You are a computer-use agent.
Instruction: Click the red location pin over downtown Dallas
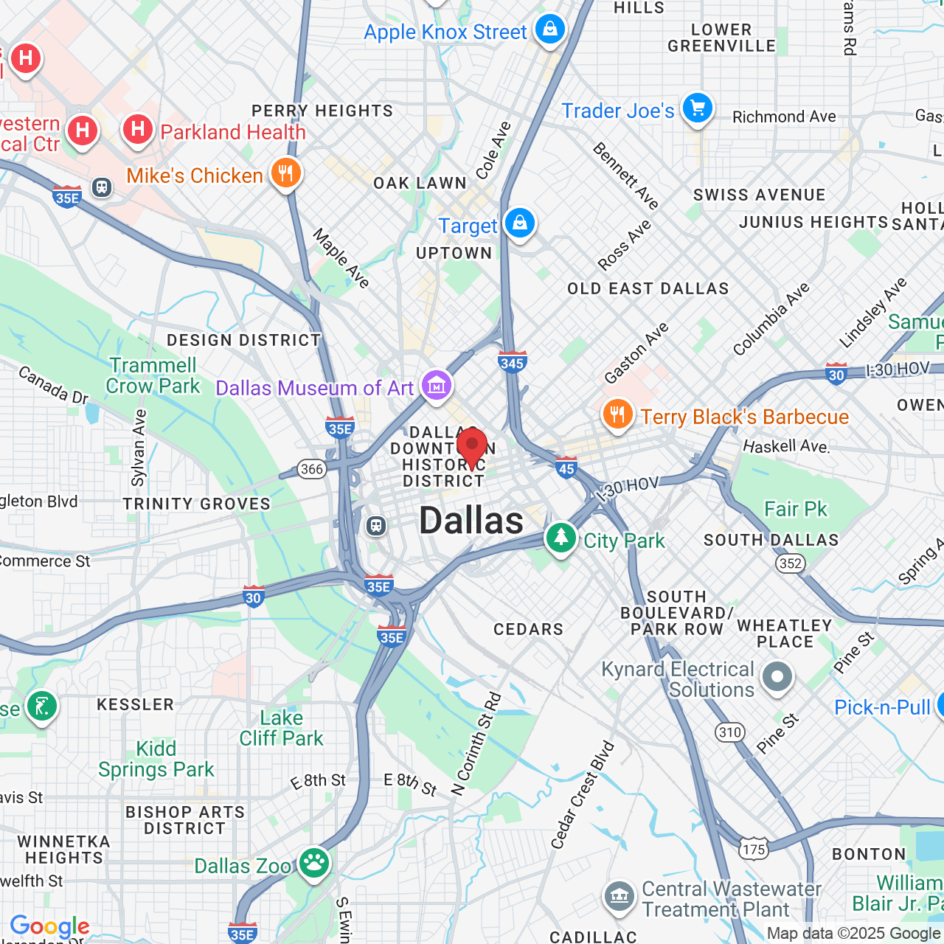[472, 445]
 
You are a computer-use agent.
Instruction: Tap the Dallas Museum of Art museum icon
[436, 385]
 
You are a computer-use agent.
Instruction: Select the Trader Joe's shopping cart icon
[697, 108]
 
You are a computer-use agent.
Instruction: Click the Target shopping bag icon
[520, 222]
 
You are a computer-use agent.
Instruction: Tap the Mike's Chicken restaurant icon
[286, 173]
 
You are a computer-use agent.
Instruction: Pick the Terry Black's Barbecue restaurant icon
[618, 414]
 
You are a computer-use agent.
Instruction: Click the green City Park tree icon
[561, 538]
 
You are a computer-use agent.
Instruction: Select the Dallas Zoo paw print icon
[314, 862]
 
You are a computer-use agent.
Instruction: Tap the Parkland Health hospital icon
[138, 129]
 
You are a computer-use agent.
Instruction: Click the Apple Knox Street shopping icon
[549, 29]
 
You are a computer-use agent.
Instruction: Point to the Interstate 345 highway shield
[512, 361]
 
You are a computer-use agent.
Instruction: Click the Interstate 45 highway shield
[566, 467]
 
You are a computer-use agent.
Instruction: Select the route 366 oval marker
[312, 469]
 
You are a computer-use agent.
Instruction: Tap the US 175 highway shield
[754, 849]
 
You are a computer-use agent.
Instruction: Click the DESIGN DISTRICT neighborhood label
[243, 340]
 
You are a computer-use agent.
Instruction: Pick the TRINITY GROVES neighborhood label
[197, 504]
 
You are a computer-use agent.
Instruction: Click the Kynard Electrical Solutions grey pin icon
[777, 676]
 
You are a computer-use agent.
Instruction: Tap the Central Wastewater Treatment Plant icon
[619, 896]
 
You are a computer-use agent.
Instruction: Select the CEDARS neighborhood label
[528, 629]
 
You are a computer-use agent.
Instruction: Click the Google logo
[50, 926]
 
